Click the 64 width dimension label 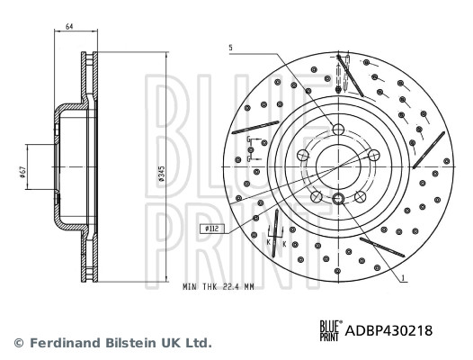[70, 28]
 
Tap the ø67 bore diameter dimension [22, 171]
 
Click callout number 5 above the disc [230, 47]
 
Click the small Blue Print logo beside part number [331, 330]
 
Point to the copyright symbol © [17, 343]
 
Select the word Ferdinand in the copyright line [63, 343]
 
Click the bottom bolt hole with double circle [339, 199]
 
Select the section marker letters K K [275, 243]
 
